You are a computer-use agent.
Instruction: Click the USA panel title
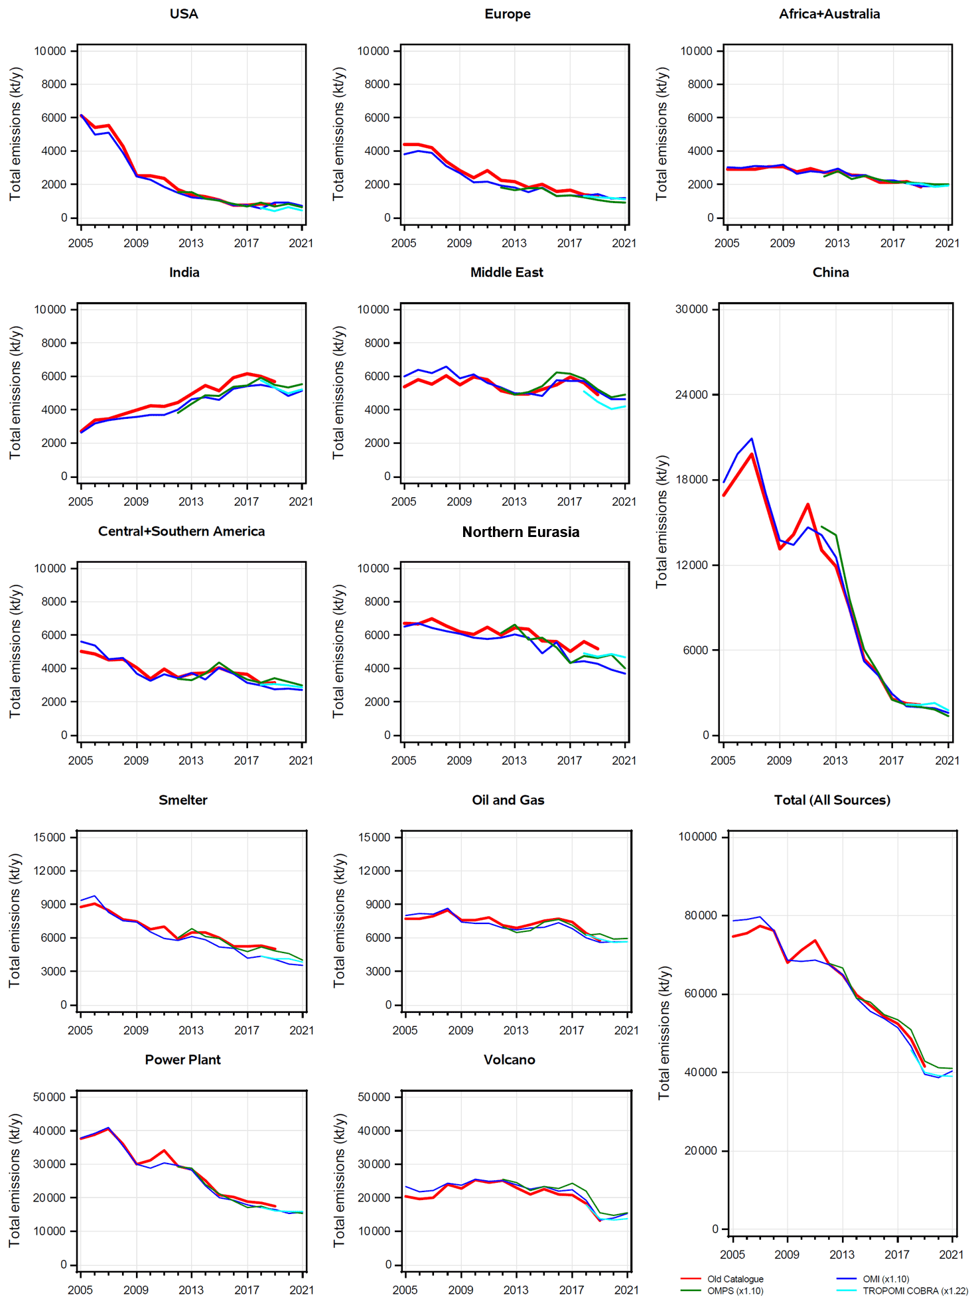(x=184, y=14)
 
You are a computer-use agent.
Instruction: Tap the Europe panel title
(x=507, y=14)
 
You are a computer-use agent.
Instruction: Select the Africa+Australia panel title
(x=829, y=14)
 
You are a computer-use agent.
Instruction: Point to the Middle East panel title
(x=506, y=272)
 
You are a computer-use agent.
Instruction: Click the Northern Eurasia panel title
(x=520, y=532)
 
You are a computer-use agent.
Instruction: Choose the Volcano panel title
(x=509, y=1059)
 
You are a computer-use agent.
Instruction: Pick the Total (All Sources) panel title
(x=832, y=800)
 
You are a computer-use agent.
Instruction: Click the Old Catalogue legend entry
(x=734, y=1278)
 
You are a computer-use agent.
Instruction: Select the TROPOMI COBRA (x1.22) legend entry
(x=914, y=1290)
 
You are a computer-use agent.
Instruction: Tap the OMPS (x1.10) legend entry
(x=734, y=1290)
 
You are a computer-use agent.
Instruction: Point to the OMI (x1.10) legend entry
(x=885, y=1278)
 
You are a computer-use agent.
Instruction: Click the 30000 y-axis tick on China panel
(x=691, y=309)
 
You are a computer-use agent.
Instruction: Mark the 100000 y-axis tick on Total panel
(x=697, y=836)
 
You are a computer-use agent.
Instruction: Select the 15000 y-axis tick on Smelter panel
(x=50, y=837)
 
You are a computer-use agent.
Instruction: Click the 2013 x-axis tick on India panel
(x=191, y=502)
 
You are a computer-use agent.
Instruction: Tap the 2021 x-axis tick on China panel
(x=947, y=761)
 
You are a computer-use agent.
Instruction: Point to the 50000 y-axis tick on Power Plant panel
(x=50, y=1097)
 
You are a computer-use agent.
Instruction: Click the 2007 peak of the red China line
(x=752, y=454)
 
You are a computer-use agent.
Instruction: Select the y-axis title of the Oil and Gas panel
(x=339, y=920)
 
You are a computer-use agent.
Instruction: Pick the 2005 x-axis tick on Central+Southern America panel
(x=80, y=761)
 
